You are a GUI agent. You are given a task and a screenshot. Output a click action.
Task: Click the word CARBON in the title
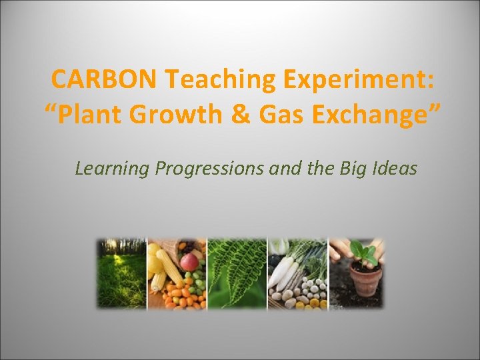pos(105,80)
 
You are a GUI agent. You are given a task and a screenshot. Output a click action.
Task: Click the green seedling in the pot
pos(364,253)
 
